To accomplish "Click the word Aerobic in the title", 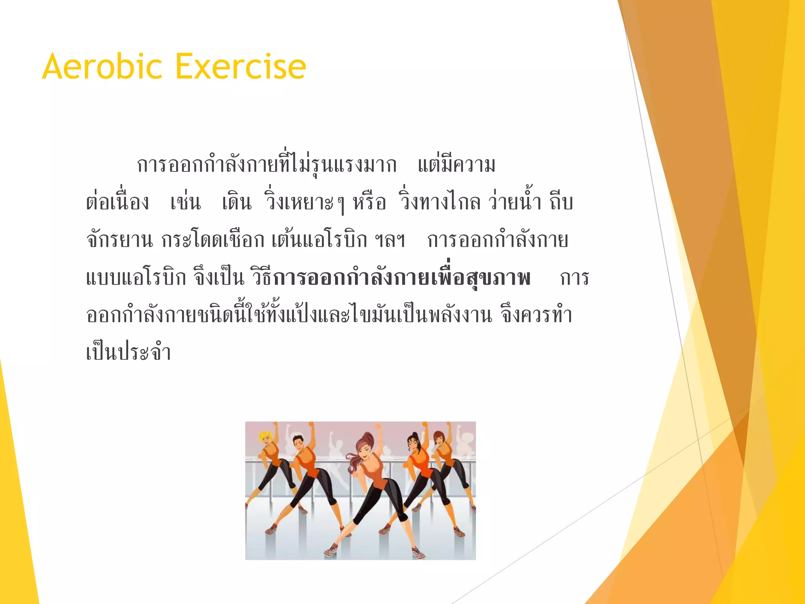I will coord(102,67).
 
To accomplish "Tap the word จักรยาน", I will coord(119,240).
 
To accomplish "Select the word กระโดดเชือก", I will coord(213,240).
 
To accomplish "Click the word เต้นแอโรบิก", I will coord(319,240).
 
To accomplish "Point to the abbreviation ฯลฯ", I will coord(390,240).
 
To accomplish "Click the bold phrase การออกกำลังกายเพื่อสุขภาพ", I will coord(402,278).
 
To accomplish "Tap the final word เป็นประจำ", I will coord(129,352).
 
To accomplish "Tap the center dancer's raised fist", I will coord(378,426).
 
